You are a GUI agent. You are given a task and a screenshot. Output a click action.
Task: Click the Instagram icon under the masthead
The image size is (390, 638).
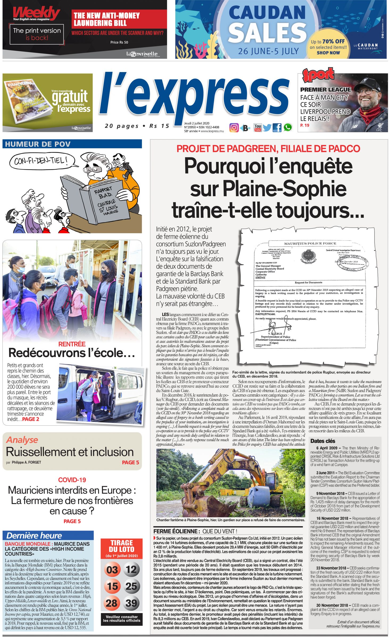tap(234, 128)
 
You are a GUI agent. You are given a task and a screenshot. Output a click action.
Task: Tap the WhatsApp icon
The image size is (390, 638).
tap(288, 128)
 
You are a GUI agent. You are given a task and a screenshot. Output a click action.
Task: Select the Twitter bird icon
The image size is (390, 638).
tap(267, 128)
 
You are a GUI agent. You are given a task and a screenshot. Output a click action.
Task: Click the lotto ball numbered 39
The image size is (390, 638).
tap(131, 603)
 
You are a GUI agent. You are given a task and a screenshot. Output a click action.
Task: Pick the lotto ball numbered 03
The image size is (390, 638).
tap(112, 570)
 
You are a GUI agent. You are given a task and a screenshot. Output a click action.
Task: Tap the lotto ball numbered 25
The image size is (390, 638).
tap(131, 586)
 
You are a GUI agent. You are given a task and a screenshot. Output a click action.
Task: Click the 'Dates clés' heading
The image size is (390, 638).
tap(323, 441)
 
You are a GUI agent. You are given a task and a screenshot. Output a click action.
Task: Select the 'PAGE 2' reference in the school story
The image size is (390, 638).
tap(31, 419)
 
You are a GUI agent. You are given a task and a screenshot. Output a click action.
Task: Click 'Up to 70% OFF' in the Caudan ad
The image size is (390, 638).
tap(328, 41)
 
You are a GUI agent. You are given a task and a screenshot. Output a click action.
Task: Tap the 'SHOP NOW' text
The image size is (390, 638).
tap(328, 53)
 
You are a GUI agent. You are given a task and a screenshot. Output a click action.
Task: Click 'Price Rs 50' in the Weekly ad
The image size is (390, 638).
tap(119, 42)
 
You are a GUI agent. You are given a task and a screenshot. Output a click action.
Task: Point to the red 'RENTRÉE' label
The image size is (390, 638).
tap(72, 344)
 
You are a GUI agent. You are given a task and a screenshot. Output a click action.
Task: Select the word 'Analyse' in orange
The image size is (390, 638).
tap(22, 440)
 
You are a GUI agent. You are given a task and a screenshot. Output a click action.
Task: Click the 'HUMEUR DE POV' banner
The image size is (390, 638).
tap(38, 144)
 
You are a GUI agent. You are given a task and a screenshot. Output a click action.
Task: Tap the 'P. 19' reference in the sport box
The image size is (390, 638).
tap(305, 125)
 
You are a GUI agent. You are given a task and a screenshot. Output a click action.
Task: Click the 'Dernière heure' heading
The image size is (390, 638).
tap(34, 536)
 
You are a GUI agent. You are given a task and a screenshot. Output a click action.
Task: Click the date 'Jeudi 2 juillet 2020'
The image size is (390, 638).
tap(197, 123)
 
